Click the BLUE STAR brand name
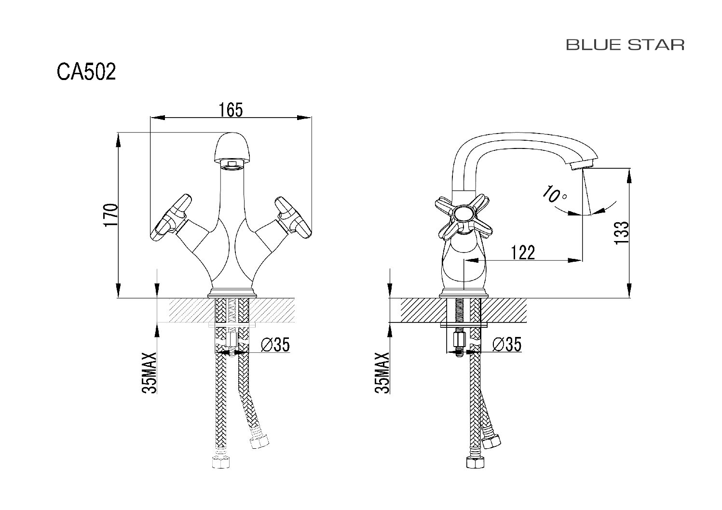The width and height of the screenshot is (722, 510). pos(625,45)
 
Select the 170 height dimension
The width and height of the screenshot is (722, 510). pos(111,215)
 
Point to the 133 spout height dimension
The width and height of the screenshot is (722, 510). pos(622,233)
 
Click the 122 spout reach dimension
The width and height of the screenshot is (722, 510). pos(522,252)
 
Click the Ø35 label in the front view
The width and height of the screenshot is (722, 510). pos(275,345)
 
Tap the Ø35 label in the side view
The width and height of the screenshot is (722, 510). pos(507,345)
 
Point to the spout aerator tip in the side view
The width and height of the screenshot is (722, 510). pos(581,166)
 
